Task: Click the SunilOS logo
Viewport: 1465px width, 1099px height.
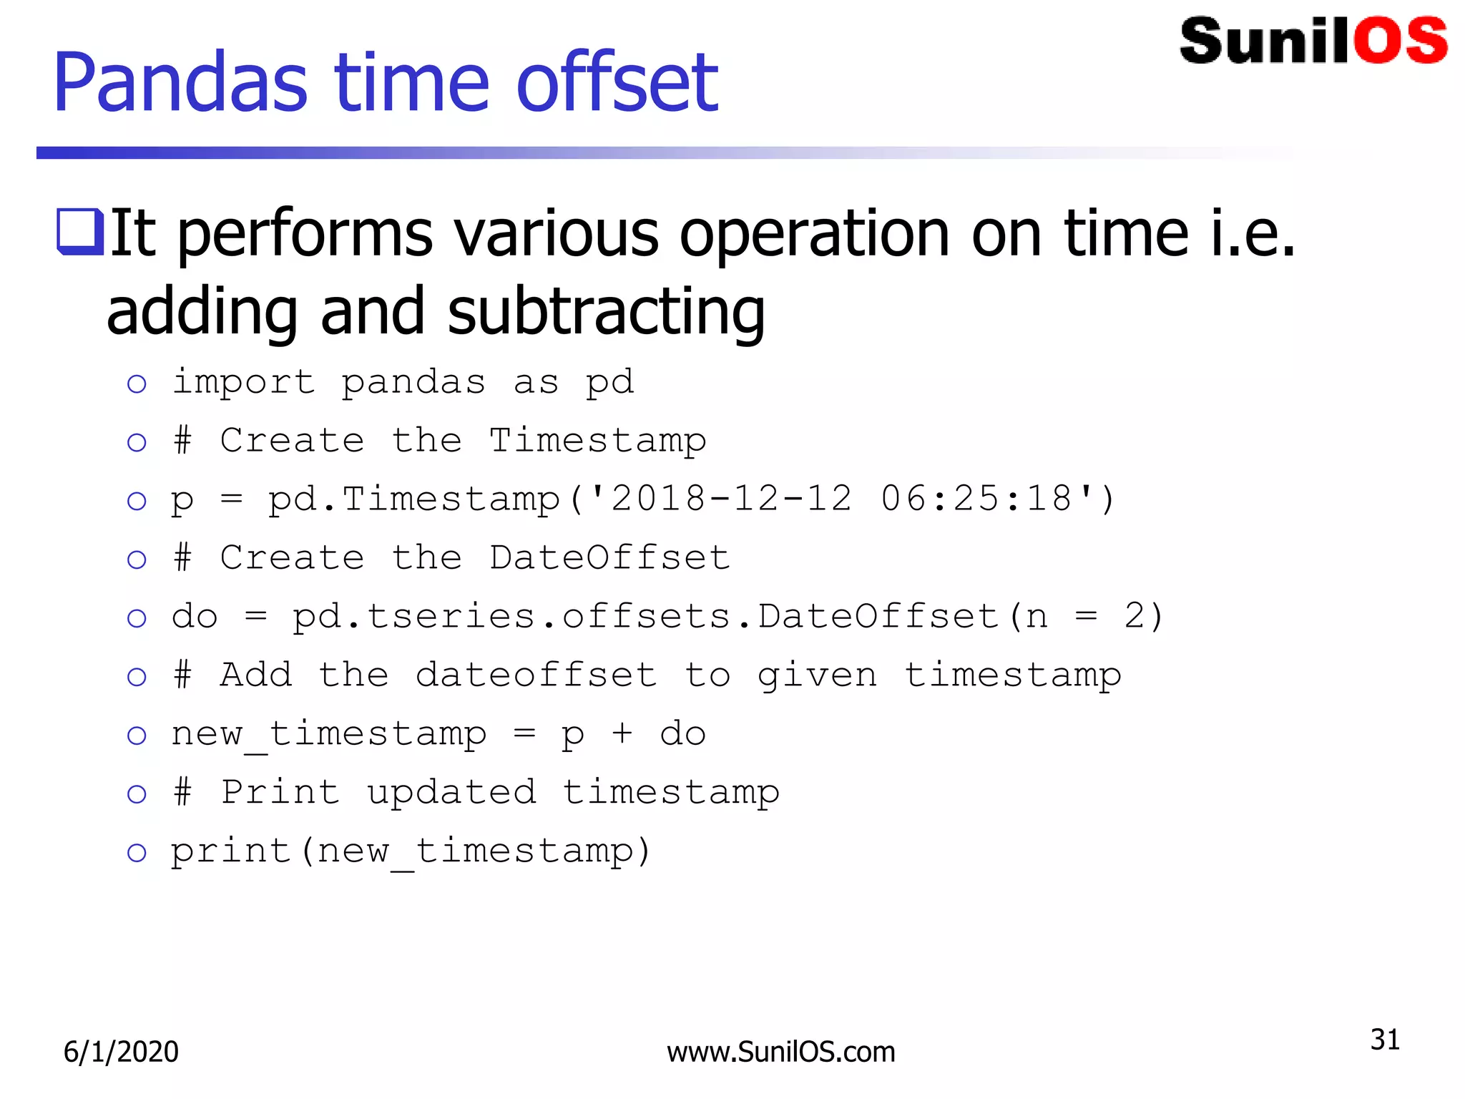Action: (x=1313, y=41)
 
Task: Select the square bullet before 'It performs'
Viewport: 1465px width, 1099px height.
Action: (x=79, y=231)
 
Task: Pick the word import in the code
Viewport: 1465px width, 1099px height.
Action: (x=244, y=382)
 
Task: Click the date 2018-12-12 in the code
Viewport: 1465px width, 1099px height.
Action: (x=731, y=499)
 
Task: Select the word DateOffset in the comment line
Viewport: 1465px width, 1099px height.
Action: (x=609, y=557)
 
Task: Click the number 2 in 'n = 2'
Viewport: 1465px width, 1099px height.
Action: (x=1135, y=616)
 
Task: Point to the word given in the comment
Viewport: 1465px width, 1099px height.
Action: (x=817, y=676)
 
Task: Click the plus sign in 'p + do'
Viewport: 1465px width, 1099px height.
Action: (x=622, y=733)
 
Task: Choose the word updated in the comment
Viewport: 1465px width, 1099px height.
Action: (x=451, y=793)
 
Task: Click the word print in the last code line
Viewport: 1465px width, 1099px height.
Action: (x=230, y=851)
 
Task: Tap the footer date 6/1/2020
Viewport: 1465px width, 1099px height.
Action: (x=121, y=1052)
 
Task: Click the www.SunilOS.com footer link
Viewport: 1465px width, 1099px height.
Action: (x=780, y=1052)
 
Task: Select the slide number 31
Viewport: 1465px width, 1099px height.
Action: (x=1384, y=1040)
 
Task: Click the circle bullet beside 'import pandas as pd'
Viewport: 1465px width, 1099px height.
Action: (x=137, y=384)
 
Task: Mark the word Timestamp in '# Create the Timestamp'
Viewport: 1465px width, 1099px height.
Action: (x=597, y=441)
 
